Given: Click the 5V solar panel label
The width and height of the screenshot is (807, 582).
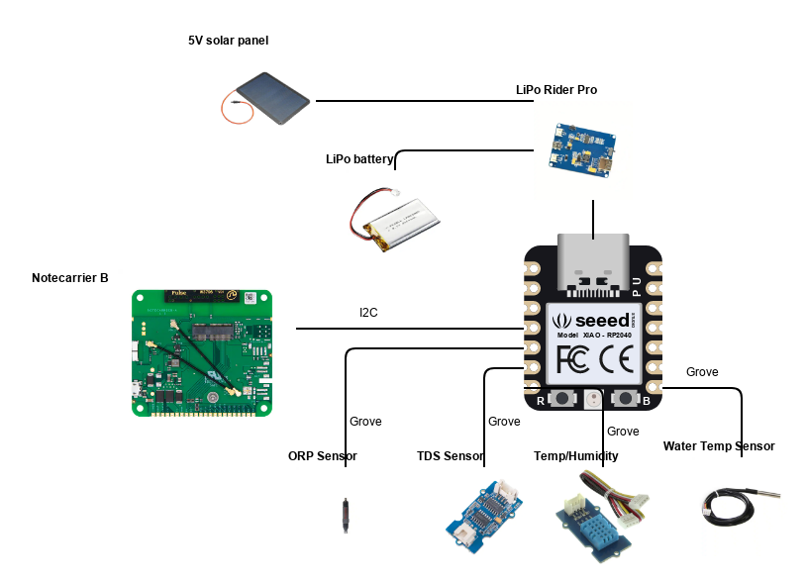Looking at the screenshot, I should click(228, 41).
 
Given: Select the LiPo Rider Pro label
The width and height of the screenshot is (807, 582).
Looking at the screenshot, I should click(555, 89).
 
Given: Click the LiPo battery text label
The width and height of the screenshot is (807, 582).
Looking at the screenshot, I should click(359, 159).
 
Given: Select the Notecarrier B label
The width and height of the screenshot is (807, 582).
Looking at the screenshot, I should click(69, 278).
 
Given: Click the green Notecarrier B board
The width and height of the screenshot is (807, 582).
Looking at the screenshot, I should click(202, 351).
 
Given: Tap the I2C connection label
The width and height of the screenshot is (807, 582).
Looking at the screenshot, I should click(368, 313).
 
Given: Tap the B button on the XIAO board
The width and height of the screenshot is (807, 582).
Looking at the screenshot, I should click(627, 399).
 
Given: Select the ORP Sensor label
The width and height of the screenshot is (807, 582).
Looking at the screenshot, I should click(322, 456).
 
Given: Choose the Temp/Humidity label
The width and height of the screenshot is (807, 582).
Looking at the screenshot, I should click(575, 456).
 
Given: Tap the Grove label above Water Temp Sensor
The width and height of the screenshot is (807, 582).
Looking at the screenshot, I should click(702, 372).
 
